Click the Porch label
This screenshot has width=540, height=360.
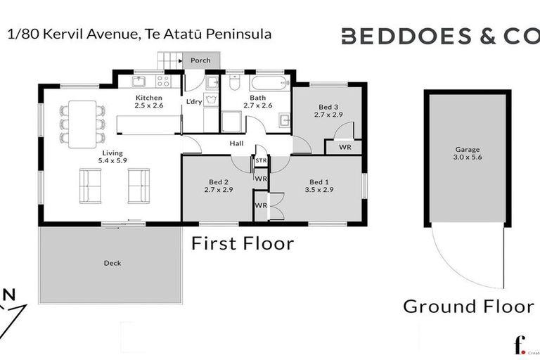point(200,61)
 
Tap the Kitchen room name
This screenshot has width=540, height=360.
point(149,98)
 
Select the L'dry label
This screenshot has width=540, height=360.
point(193,102)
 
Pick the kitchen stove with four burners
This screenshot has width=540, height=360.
point(162,82)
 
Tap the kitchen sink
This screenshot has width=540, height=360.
point(139,81)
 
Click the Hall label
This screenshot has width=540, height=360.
point(236,144)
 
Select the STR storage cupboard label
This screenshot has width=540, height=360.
point(261,161)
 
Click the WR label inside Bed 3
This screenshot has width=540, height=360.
point(345,148)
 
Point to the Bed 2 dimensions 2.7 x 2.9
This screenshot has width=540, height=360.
point(218,190)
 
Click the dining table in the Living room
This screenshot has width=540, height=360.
point(82,124)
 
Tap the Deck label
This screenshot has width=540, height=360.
point(112,264)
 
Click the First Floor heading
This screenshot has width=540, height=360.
point(243,244)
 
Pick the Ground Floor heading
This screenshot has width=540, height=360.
point(468,307)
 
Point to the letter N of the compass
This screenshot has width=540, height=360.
point(8,295)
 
